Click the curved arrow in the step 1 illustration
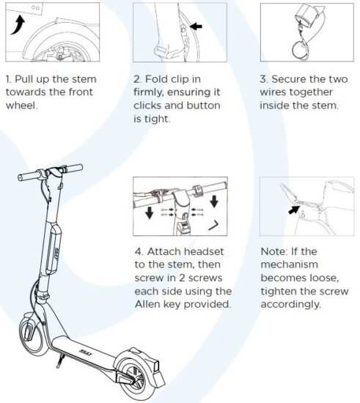coord(18,26)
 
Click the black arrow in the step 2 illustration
coord(196,26)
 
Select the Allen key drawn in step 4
coord(213,225)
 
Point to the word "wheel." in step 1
coord(21,106)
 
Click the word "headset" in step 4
coord(204,251)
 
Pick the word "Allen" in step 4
coord(147,304)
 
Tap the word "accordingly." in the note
coord(291,305)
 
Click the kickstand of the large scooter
coord(60,361)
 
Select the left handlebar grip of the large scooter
coord(29,176)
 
